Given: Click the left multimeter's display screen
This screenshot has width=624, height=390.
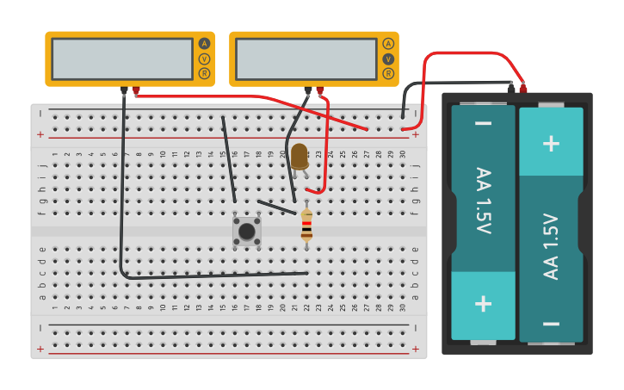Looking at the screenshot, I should pyautogui.click(x=122, y=59).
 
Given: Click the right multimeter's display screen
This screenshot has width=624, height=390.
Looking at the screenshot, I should pyautogui.click(x=306, y=59).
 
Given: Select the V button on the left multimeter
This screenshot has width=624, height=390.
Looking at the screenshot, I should pyautogui.click(x=204, y=59).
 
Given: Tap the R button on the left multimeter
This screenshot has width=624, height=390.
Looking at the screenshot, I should pyautogui.click(x=204, y=73).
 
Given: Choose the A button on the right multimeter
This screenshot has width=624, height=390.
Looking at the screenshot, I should pyautogui.click(x=388, y=43).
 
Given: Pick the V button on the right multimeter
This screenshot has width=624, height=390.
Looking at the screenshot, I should pyautogui.click(x=388, y=59).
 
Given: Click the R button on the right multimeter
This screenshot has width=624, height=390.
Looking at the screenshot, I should pyautogui.click(x=388, y=73).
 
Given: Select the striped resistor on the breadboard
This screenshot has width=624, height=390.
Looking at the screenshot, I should pyautogui.click(x=306, y=226).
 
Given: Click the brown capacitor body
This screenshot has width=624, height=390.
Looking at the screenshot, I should pyautogui.click(x=299, y=156).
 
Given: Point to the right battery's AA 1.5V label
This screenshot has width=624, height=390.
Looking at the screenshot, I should pyautogui.click(x=551, y=245).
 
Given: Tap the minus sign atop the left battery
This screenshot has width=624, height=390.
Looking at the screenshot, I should pyautogui.click(x=484, y=124).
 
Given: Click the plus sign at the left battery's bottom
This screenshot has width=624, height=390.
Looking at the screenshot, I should pyautogui.click(x=484, y=304).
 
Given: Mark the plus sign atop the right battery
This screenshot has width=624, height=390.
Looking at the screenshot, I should pyautogui.click(x=551, y=143).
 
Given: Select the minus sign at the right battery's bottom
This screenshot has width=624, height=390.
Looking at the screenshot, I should pyautogui.click(x=551, y=324).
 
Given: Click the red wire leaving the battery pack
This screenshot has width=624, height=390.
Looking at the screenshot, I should pyautogui.click(x=469, y=53).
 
